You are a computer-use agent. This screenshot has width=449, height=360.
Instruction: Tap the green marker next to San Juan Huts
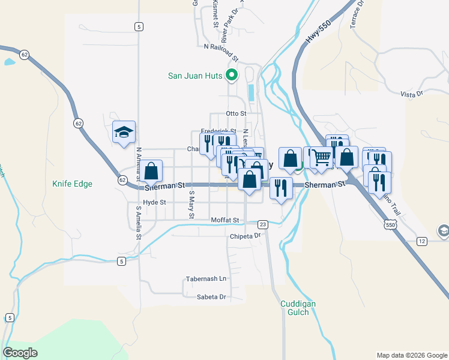pyautogui.click(x=231, y=76)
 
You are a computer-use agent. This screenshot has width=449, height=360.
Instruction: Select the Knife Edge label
pyautogui.click(x=72, y=184)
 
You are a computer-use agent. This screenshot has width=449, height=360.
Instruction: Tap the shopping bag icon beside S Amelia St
pyautogui.click(x=151, y=171)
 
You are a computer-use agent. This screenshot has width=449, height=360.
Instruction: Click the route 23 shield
pyautogui.click(x=262, y=224)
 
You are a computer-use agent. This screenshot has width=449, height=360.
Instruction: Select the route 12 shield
pyautogui.click(x=422, y=241)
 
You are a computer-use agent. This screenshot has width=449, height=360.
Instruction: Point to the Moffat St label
pyautogui.click(x=225, y=220)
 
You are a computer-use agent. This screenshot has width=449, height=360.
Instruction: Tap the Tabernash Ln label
pyautogui.click(x=206, y=279)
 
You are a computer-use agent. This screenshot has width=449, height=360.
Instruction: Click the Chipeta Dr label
pyautogui.click(x=246, y=236)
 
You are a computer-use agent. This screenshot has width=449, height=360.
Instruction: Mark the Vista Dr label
pyautogui.click(x=412, y=93)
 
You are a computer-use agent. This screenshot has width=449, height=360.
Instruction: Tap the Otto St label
pyautogui.click(x=236, y=113)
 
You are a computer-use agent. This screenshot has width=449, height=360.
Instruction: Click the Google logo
pyautogui.click(x=20, y=353)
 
